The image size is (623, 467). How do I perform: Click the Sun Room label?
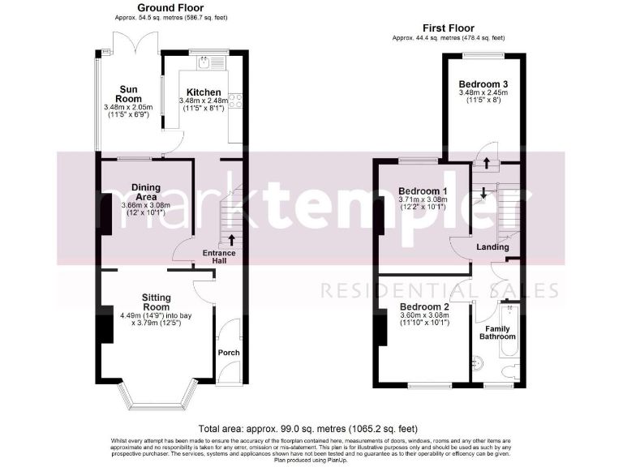(x=128, y=94)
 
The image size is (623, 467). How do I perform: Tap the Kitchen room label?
(x=203, y=92)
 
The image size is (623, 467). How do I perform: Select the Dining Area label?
(x=146, y=191)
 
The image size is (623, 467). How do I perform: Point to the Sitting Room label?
(x=151, y=302)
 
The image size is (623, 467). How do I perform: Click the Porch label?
(x=228, y=353)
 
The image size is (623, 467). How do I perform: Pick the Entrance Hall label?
(x=219, y=258)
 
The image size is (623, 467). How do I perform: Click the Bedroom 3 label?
(x=483, y=84)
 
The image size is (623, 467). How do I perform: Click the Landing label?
(x=492, y=247)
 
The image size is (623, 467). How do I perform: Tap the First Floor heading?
(x=448, y=28)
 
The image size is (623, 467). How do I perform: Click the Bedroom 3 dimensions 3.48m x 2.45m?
(x=483, y=93)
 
